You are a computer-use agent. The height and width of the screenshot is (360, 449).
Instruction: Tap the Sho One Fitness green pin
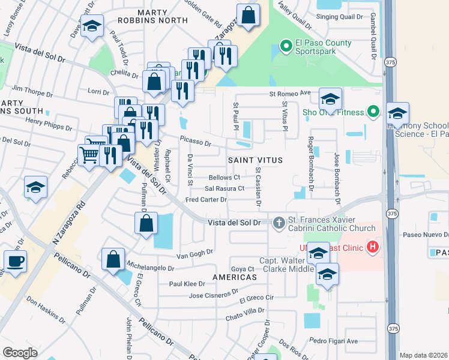[372, 112]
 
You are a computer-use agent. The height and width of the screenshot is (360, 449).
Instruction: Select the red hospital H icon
[372, 247]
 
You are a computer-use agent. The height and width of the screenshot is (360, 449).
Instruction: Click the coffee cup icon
[15, 261]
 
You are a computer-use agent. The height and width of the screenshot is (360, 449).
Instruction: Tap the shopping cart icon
[89, 155]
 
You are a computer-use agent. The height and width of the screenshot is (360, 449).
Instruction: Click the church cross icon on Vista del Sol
[278, 223]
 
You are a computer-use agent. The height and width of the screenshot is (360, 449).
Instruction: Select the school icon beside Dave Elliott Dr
[92, 26]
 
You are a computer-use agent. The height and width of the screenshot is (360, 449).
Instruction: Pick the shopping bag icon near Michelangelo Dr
[113, 259]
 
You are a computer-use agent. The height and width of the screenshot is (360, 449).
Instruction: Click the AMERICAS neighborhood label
[234, 278]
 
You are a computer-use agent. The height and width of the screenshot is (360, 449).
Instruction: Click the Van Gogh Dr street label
[194, 253]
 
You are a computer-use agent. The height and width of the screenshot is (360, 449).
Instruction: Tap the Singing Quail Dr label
[336, 17]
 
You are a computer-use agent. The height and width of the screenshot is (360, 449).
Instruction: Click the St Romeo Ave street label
[289, 93]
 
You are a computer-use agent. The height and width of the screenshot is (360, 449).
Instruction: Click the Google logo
[20, 353]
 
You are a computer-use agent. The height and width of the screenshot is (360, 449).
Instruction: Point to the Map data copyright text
[423, 355]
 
